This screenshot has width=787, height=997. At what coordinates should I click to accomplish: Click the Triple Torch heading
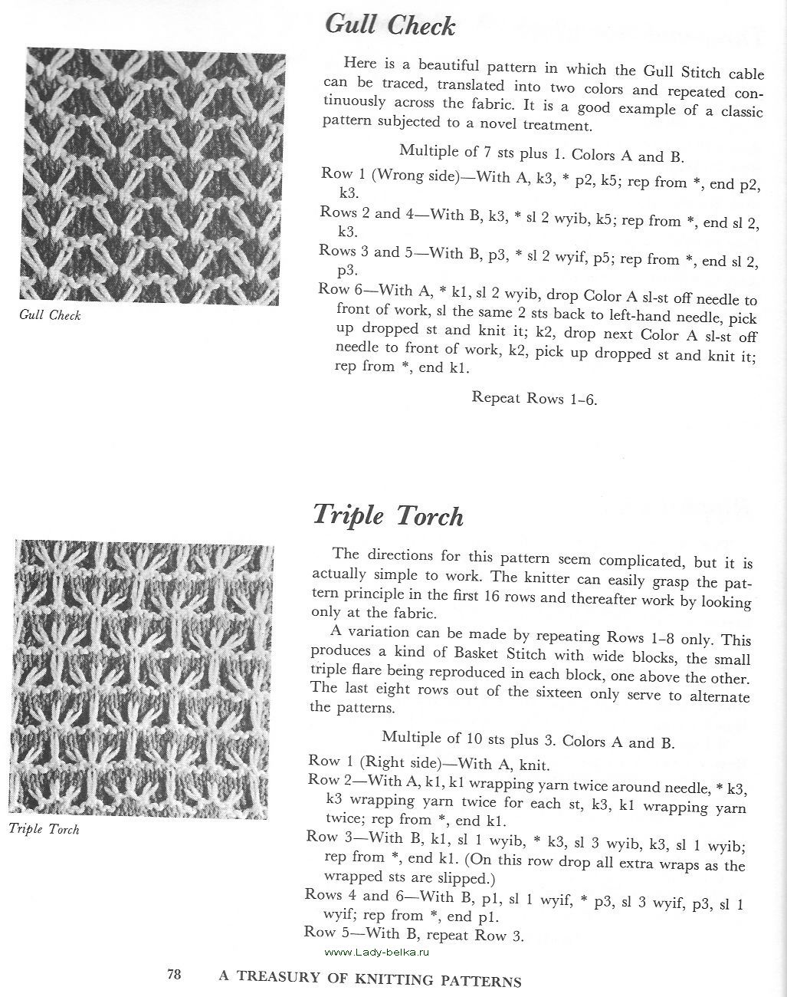coord(388,515)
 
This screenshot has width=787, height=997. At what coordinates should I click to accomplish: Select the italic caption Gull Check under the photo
coord(50,315)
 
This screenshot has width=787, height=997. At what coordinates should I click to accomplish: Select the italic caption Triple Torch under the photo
coord(44,828)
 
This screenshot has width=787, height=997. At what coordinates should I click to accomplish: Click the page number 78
coord(174,975)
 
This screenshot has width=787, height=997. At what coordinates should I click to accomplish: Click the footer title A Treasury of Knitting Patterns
coord(370,979)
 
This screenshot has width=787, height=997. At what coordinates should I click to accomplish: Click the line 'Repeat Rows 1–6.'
coord(534,397)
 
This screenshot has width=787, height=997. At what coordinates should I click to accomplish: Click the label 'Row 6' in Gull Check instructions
coord(335,289)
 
